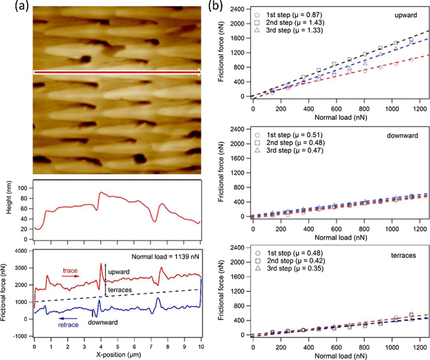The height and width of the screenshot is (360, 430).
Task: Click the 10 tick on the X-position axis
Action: (200, 345)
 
